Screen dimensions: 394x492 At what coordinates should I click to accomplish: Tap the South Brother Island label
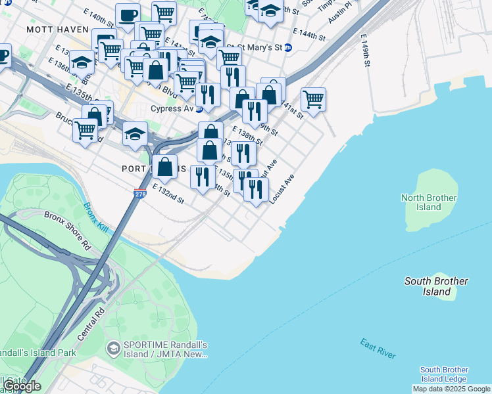point(436,286)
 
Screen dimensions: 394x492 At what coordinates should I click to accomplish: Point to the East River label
point(378,348)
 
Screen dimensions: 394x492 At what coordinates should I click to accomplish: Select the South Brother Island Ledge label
point(443,374)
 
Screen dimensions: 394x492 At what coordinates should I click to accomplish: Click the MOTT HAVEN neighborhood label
point(53,30)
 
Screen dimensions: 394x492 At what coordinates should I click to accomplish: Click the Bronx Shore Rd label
point(67,230)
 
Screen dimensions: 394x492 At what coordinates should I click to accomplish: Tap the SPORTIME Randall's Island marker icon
point(113,346)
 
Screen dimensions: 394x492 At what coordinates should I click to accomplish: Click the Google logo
point(21,386)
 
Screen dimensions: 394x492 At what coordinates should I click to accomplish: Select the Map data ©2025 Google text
point(452,389)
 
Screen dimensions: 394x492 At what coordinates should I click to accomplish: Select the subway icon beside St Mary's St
point(287,47)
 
